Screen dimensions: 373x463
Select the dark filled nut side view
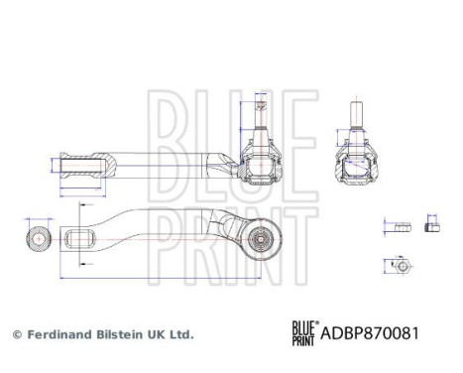point(431,225)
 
